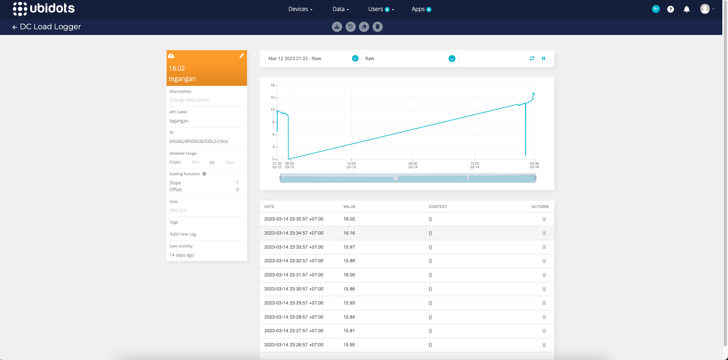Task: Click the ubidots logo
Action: (44, 8)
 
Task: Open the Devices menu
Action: (300, 9)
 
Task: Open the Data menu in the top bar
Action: (340, 9)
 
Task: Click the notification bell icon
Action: (687, 9)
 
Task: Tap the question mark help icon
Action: (671, 9)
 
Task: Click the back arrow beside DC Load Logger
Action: (15, 27)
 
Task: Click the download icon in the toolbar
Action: (337, 27)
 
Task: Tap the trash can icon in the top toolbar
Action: (377, 27)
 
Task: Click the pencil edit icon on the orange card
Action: (241, 56)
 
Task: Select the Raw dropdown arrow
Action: (452, 59)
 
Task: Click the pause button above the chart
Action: (544, 59)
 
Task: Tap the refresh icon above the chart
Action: (532, 59)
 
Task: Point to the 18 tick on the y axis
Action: (273, 85)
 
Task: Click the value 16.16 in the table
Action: (349, 233)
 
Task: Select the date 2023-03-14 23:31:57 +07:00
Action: (293, 275)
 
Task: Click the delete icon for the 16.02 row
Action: (544, 219)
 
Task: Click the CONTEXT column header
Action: (438, 207)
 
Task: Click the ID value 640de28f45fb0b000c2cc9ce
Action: (198, 141)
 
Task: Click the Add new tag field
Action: (183, 234)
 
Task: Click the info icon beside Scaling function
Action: (204, 174)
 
